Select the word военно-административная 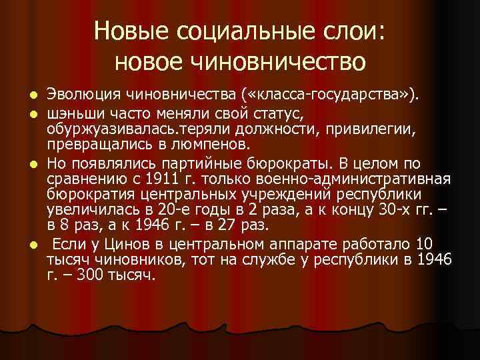[x=341, y=179]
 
